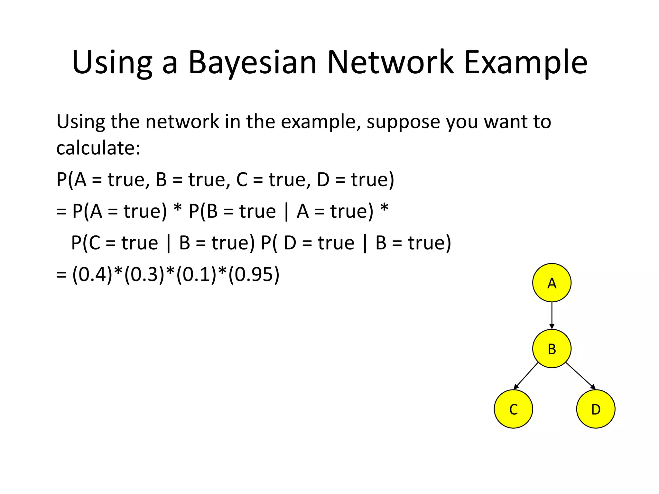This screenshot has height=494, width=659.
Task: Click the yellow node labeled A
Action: click(552, 283)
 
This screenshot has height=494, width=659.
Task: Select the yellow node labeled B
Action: click(552, 349)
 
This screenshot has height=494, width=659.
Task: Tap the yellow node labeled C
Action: click(513, 409)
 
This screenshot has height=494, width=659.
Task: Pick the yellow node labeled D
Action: click(596, 409)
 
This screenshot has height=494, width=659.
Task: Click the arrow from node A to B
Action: click(552, 315)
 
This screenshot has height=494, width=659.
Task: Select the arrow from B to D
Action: click(580, 376)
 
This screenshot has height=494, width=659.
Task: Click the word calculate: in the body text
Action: click(98, 148)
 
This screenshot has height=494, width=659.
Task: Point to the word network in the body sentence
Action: click(182, 122)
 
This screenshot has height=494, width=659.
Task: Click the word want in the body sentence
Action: click(505, 122)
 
